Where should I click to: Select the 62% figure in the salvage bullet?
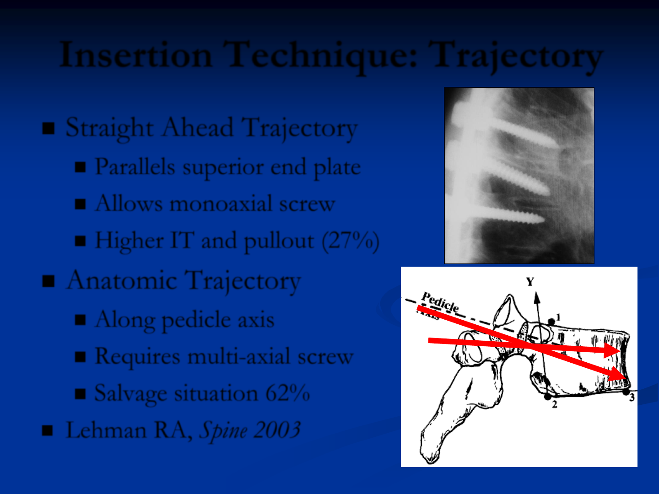pos(287,392)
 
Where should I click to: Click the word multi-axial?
pos(229,356)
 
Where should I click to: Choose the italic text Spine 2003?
pos(250,431)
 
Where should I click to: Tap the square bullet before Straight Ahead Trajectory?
pos(49,129)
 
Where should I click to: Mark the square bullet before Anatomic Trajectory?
pos(49,281)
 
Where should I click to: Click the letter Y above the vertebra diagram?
pos(530,282)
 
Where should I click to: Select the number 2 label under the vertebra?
pos(555,404)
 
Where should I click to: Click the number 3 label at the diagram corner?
pos(632,398)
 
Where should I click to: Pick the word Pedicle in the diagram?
pos(440,302)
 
